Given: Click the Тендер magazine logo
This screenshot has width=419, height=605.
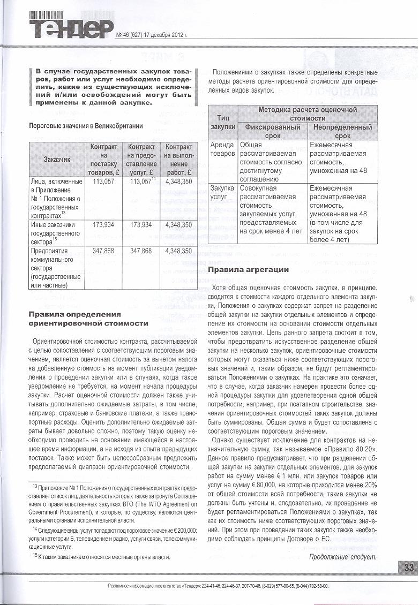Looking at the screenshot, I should click(x=71, y=27).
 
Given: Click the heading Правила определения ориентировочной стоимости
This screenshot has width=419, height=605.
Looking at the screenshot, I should click(x=88, y=319).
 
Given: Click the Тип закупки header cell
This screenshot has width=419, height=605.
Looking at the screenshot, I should click(x=223, y=122).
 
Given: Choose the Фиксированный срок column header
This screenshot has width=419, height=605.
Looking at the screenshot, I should click(x=272, y=132).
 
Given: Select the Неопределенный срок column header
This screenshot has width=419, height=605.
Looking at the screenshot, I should click(x=341, y=132).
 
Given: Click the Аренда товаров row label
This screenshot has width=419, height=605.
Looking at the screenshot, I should click(x=222, y=149).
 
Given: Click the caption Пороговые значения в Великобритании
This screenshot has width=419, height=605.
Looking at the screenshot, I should click(x=86, y=126).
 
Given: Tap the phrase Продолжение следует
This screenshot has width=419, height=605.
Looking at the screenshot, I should click(x=343, y=556).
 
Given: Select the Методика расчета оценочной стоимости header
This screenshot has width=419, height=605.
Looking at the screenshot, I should click(x=308, y=114).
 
